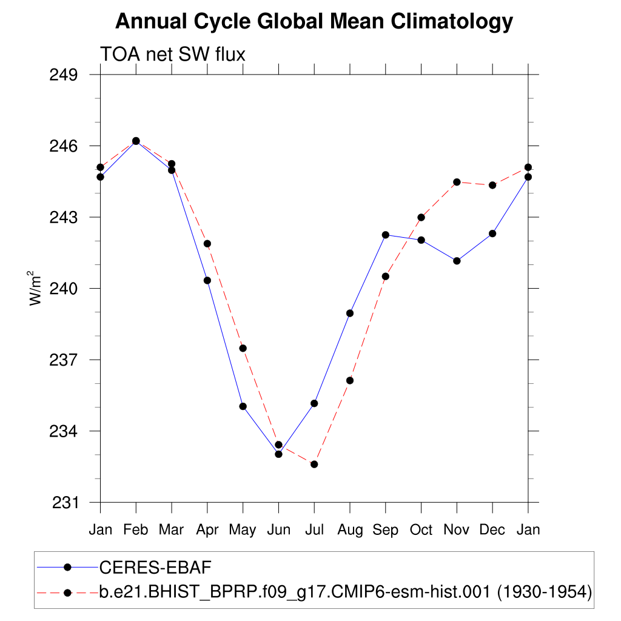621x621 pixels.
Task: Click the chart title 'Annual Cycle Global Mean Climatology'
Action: tap(314, 22)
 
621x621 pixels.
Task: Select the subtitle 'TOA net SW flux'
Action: tap(172, 55)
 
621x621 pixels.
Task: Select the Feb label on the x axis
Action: tap(136, 529)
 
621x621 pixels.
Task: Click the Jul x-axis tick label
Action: tap(314, 529)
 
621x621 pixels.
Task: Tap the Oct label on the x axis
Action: tap(421, 529)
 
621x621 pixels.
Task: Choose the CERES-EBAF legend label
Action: tap(154, 567)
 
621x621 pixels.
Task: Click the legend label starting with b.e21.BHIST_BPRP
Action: tap(345, 591)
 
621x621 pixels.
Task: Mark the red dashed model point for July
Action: tap(314, 465)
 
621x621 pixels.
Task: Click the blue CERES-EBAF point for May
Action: tap(243, 406)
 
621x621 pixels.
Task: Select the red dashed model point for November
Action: tap(457, 182)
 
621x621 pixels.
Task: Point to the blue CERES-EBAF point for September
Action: tap(385, 235)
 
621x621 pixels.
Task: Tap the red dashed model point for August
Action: tap(350, 380)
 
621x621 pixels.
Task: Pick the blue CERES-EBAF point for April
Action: tap(207, 280)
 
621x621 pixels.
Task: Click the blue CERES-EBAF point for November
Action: tap(457, 261)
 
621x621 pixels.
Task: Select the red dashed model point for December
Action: tap(492, 185)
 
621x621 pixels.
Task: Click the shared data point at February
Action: tap(136, 141)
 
